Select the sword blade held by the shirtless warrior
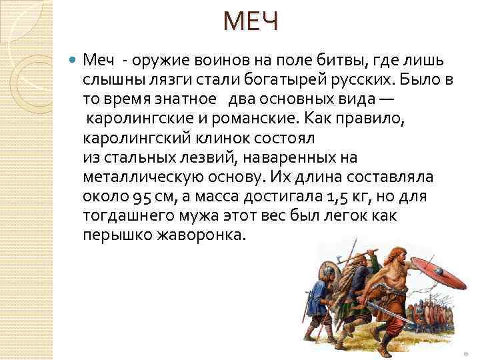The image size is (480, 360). click(x=373, y=309)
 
